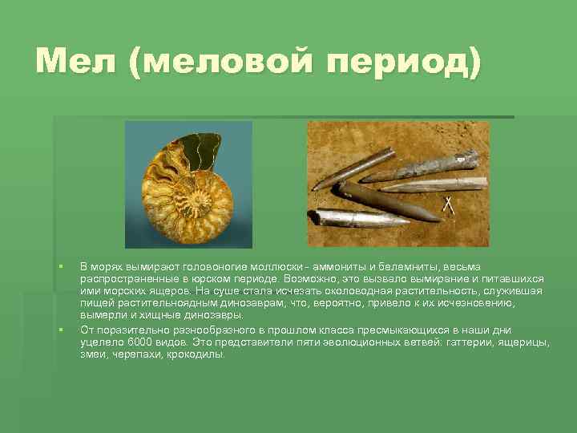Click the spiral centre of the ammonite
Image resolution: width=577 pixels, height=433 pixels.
191,193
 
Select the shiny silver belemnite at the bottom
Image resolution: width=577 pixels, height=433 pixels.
353,219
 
